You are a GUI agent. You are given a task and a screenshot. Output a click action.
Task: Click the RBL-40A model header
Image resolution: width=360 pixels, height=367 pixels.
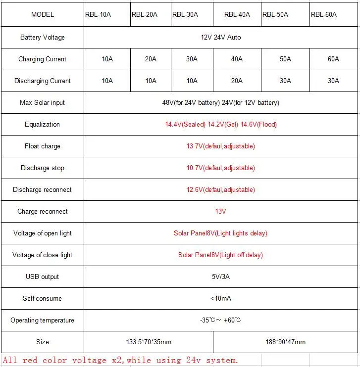click(236, 14)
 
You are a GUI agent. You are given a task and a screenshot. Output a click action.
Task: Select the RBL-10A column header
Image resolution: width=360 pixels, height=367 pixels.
click(98, 14)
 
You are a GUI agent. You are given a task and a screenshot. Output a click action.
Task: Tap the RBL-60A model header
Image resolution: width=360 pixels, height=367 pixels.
click(324, 14)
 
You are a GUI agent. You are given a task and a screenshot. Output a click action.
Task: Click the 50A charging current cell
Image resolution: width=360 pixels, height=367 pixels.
click(285, 59)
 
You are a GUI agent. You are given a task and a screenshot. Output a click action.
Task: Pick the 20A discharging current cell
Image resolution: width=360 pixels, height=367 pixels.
click(237, 81)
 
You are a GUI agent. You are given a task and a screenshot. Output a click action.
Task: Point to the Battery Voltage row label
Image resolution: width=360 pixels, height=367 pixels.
click(43, 37)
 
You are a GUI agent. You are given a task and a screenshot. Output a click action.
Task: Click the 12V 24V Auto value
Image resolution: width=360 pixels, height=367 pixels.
click(221, 37)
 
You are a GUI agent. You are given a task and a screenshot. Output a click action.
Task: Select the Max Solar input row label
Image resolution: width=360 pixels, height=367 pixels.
click(43, 102)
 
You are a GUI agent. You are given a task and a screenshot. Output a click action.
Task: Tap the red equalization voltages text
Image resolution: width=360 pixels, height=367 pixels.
click(221, 124)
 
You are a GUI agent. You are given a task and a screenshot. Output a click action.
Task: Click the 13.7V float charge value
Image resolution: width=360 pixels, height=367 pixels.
click(221, 146)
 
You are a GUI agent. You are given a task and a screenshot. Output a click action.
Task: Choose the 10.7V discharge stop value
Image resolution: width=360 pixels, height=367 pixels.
click(221, 168)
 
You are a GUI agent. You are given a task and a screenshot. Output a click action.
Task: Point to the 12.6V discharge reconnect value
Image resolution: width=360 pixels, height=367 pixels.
click(221, 189)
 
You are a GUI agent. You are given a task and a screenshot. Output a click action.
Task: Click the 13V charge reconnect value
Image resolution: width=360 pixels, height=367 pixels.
click(221, 211)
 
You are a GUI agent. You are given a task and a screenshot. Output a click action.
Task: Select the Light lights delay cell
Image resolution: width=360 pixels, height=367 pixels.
click(221, 233)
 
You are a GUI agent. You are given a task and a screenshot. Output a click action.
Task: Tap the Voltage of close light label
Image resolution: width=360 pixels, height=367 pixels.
click(43, 255)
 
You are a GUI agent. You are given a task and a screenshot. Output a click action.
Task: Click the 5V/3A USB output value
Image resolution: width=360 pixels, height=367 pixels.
click(221, 276)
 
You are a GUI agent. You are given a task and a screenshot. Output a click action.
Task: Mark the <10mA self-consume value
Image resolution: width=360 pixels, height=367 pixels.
click(221, 298)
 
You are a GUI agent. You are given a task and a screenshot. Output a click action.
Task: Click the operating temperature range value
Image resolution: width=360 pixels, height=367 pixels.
click(221, 320)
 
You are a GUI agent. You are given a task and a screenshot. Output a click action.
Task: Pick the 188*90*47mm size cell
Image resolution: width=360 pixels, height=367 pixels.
click(286, 342)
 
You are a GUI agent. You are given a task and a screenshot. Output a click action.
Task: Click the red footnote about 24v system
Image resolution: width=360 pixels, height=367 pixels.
click(121, 360)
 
